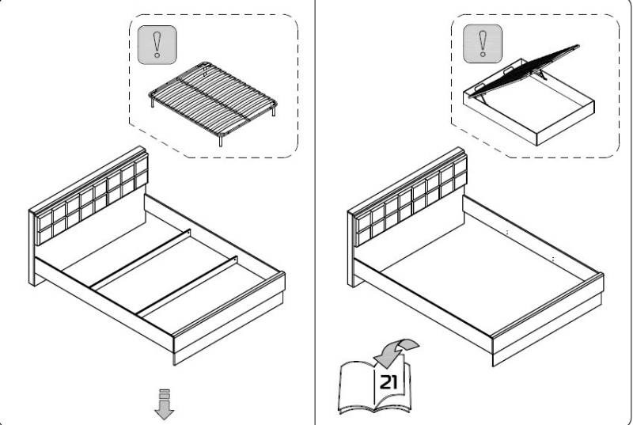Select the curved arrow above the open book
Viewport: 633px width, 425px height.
point(400,348)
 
